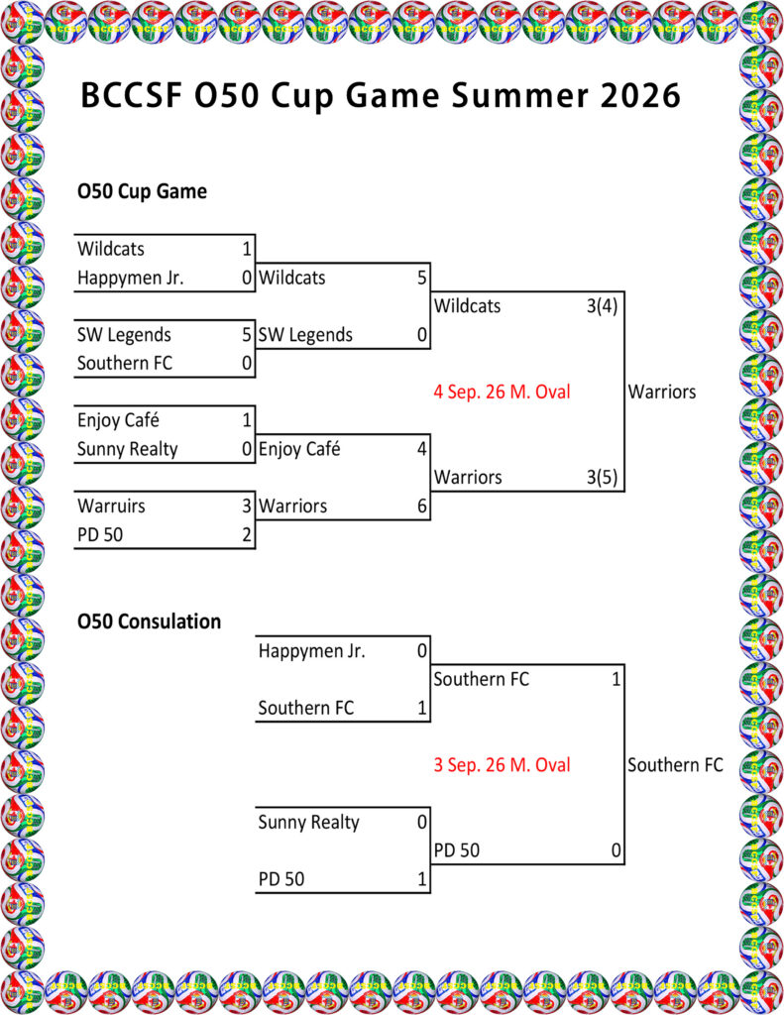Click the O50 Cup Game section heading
point(142,191)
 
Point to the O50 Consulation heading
point(149,621)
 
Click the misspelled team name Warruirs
point(111,506)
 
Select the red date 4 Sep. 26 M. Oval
point(502,392)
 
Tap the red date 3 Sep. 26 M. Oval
point(502,764)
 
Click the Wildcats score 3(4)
point(602,305)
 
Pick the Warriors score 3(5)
point(602,477)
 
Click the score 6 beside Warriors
point(422,506)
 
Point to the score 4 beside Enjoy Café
point(422,449)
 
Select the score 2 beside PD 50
point(247,534)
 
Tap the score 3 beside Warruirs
point(247,506)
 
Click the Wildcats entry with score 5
point(292,278)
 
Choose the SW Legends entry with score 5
point(124,335)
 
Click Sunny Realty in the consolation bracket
point(309,822)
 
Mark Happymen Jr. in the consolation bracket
point(312,650)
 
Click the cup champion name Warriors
point(662,392)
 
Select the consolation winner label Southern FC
point(675,764)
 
